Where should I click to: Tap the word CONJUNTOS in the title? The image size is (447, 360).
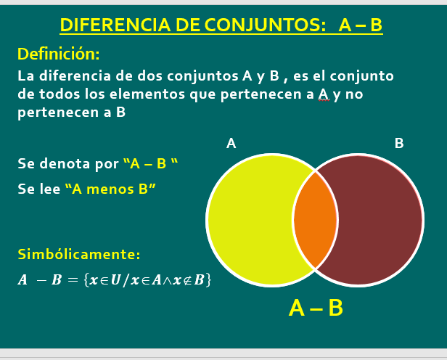pyautogui.click(x=266, y=25)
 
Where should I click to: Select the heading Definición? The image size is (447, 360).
pyautogui.click(x=59, y=54)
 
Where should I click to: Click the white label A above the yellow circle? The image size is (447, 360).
pyautogui.click(x=231, y=143)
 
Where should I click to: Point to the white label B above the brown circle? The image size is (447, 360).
pyautogui.click(x=399, y=143)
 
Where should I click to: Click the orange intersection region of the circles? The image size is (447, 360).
pyautogui.click(x=316, y=220)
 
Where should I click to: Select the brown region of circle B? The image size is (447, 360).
pyautogui.click(x=379, y=220)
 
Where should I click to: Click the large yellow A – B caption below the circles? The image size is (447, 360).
pyautogui.click(x=316, y=308)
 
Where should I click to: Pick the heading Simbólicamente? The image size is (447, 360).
pyautogui.click(x=79, y=254)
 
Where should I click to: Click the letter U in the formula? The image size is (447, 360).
pyautogui.click(x=115, y=280)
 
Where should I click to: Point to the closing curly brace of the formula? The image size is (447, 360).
pyautogui.click(x=209, y=280)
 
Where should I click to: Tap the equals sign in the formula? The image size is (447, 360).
pyautogui.click(x=73, y=280)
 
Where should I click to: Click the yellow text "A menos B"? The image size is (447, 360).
pyautogui.click(x=110, y=189)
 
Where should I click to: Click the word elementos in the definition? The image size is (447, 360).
pyautogui.click(x=147, y=94)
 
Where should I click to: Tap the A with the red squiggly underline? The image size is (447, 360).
pyautogui.click(x=324, y=94)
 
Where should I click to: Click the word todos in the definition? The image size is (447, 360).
pyautogui.click(x=60, y=94)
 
